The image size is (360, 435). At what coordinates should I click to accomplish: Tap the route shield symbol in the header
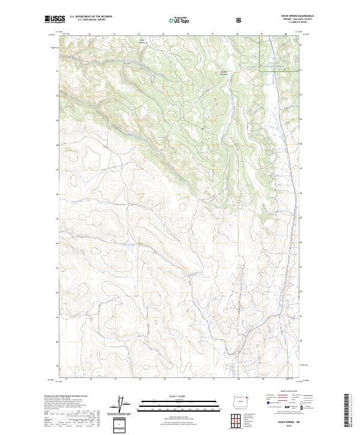click(240, 20)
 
